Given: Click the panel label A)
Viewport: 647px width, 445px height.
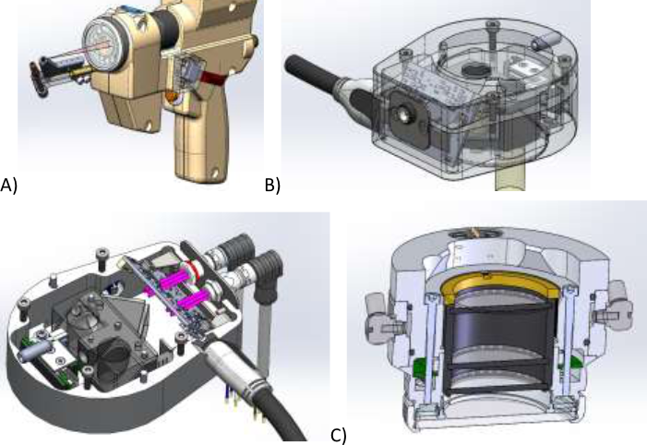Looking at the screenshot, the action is click(x=8, y=185).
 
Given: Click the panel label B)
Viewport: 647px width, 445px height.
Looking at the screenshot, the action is click(x=272, y=185).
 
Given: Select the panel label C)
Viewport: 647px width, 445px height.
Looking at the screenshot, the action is click(x=339, y=435).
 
